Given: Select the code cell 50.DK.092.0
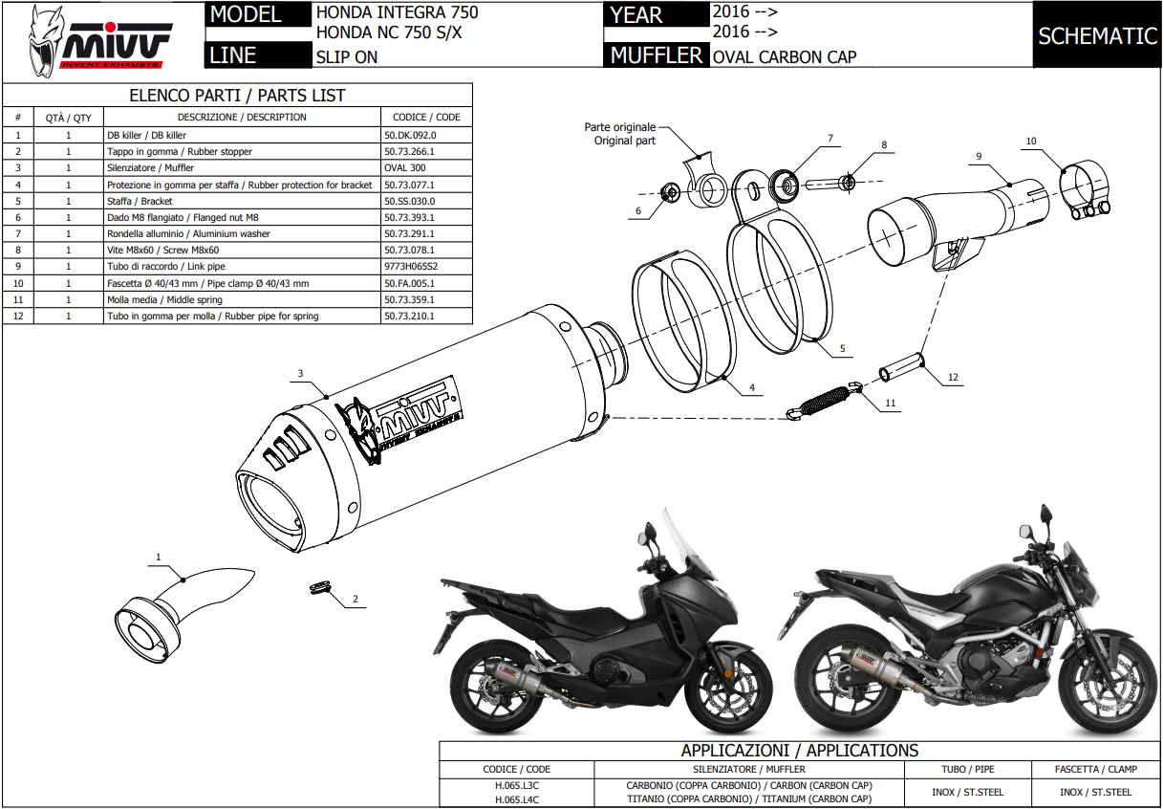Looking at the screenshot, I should pos(409,135).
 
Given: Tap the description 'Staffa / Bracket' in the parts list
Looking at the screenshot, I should pos(140,201).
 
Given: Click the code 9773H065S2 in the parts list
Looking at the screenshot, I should pos(411,267).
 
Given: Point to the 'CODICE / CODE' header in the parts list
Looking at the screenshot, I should pos(426,118).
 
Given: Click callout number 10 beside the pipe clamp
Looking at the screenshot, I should pos(1030,142).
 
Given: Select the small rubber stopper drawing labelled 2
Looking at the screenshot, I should pos(319,586).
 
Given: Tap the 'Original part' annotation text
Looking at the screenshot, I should pos(625,141).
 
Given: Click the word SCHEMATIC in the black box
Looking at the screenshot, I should pos(1097,36).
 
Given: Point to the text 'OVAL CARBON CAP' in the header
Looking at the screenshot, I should pos(785,56).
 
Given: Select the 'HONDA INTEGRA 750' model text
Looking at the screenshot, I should pos(397,13).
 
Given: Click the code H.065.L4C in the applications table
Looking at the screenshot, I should pos(517,798).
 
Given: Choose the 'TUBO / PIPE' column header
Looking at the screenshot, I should pos(968,769).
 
